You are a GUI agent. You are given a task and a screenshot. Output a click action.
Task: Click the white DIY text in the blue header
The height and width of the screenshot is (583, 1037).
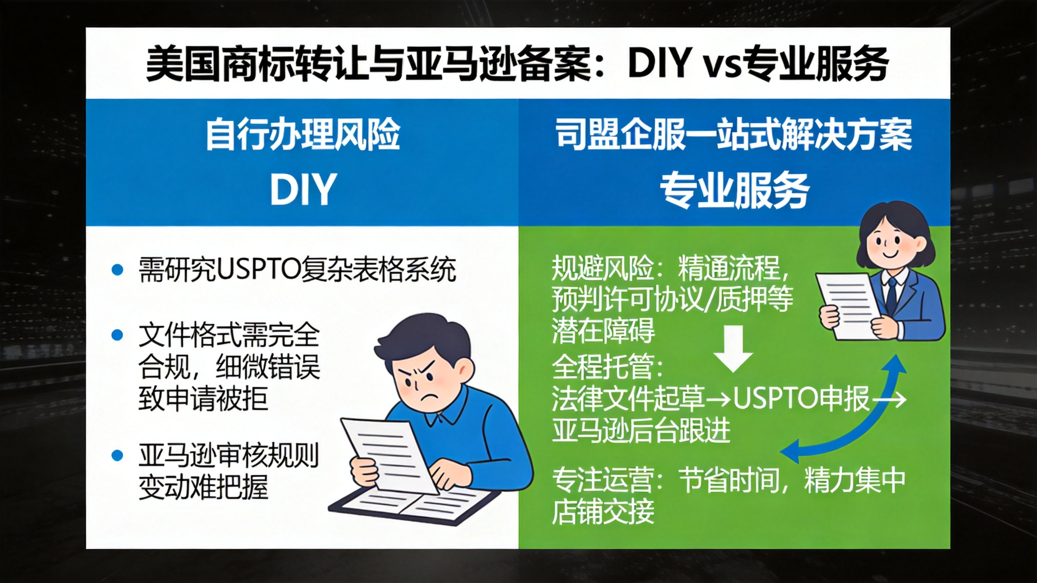(x=303, y=189)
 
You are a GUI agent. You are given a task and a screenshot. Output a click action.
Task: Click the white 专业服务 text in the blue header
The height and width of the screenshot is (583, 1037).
(x=734, y=191)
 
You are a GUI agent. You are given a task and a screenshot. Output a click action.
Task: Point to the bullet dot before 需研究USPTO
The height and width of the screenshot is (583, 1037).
(x=117, y=270)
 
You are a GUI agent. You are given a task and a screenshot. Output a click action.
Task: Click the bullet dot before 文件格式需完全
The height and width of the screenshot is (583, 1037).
(x=117, y=335)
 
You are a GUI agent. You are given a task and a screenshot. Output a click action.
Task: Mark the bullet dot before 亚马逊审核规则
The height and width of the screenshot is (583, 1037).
(x=117, y=455)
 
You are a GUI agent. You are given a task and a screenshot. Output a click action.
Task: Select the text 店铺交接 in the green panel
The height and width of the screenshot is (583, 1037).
(x=603, y=511)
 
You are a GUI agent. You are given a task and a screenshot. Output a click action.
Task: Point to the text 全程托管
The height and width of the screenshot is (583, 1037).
(x=603, y=366)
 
